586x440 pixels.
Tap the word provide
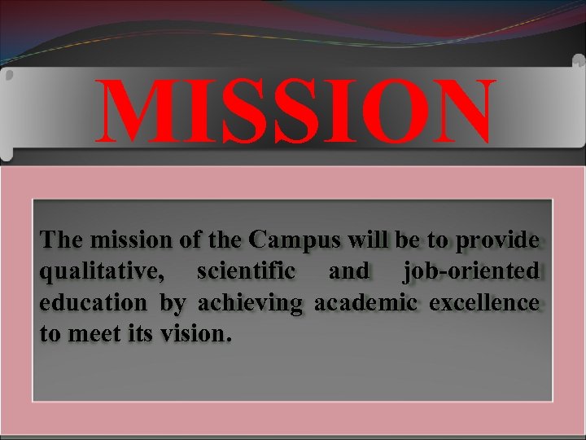coord(497,240)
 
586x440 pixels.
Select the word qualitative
coord(99,271)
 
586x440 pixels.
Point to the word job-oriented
coord(470,271)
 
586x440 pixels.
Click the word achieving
coord(250,303)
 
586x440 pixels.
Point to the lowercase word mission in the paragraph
coord(122,240)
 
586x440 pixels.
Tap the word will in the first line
coord(369,240)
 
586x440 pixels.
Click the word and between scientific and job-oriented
coord(348,271)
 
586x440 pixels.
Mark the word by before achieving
coord(173,303)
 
